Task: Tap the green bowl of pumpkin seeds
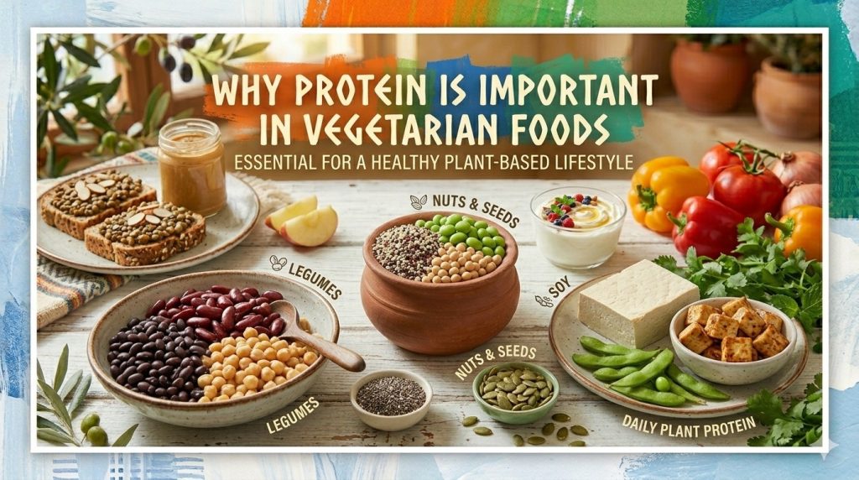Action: click(x=515, y=391)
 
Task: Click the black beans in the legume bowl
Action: click(x=150, y=352)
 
